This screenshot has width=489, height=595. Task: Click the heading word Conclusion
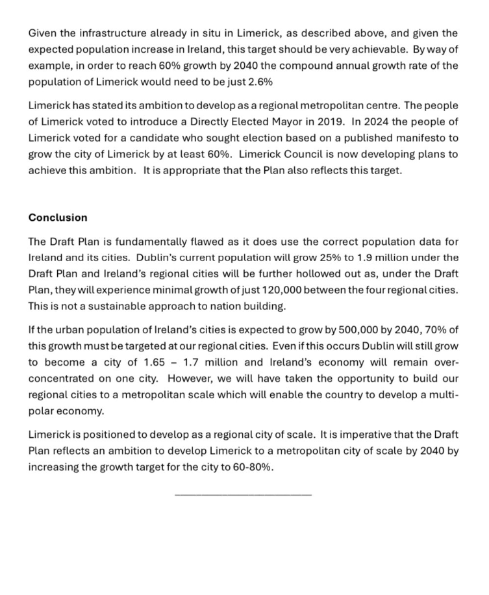point(58,218)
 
